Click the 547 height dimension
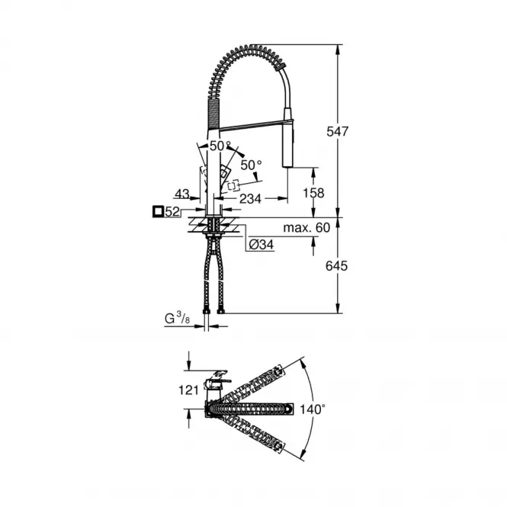[x=337, y=132]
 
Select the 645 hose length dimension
[x=336, y=266]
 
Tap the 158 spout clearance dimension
[x=313, y=193]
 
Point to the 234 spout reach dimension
[x=250, y=198]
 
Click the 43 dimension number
[x=182, y=194]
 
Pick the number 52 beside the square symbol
[x=172, y=212]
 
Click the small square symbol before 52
[x=158, y=212]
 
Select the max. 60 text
[x=306, y=228]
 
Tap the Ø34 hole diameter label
[x=262, y=245]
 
